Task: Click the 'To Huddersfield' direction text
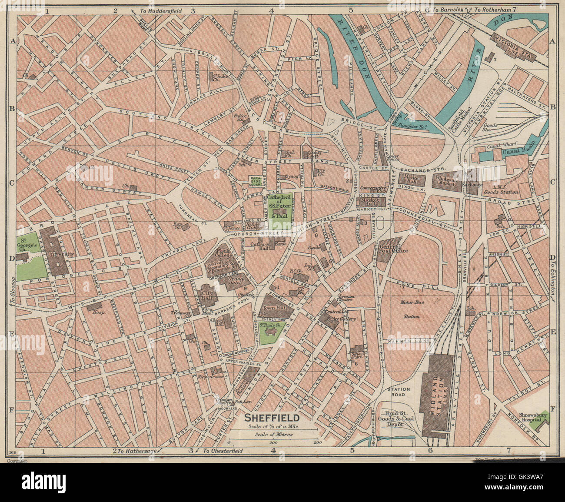[x=163, y=9]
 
